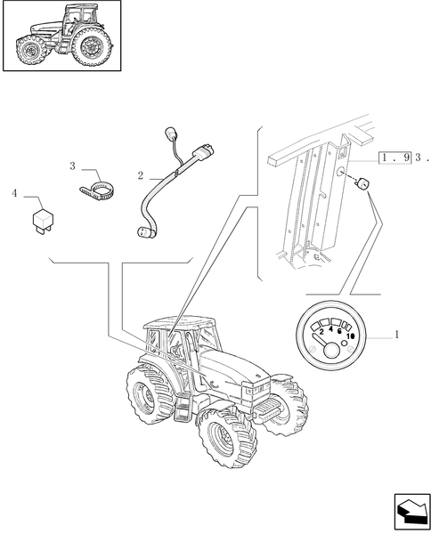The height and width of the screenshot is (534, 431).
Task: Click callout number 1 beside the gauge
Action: click(x=396, y=335)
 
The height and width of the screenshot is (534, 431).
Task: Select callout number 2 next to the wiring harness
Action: click(x=141, y=175)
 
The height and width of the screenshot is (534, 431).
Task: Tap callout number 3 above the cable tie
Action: click(x=72, y=166)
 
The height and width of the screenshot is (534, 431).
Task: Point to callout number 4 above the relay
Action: click(x=14, y=193)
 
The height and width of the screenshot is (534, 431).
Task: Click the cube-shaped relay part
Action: click(x=42, y=221)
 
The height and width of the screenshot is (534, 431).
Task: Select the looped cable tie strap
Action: click(x=97, y=190)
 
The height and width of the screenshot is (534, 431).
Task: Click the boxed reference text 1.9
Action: click(x=394, y=158)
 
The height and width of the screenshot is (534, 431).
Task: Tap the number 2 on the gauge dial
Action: click(x=321, y=333)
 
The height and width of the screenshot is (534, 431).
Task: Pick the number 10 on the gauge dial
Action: click(x=350, y=336)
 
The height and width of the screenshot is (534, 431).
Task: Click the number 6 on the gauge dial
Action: click(x=339, y=331)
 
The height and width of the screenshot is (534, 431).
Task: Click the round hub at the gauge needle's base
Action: click(x=331, y=351)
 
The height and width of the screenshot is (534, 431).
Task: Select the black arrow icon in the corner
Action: click(x=411, y=512)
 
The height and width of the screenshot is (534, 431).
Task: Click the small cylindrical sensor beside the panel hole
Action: click(x=362, y=184)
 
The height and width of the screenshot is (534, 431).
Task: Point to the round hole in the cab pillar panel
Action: click(x=341, y=172)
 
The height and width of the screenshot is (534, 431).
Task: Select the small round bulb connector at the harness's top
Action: click(x=170, y=133)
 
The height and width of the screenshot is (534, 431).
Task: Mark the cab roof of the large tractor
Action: click(x=178, y=322)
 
